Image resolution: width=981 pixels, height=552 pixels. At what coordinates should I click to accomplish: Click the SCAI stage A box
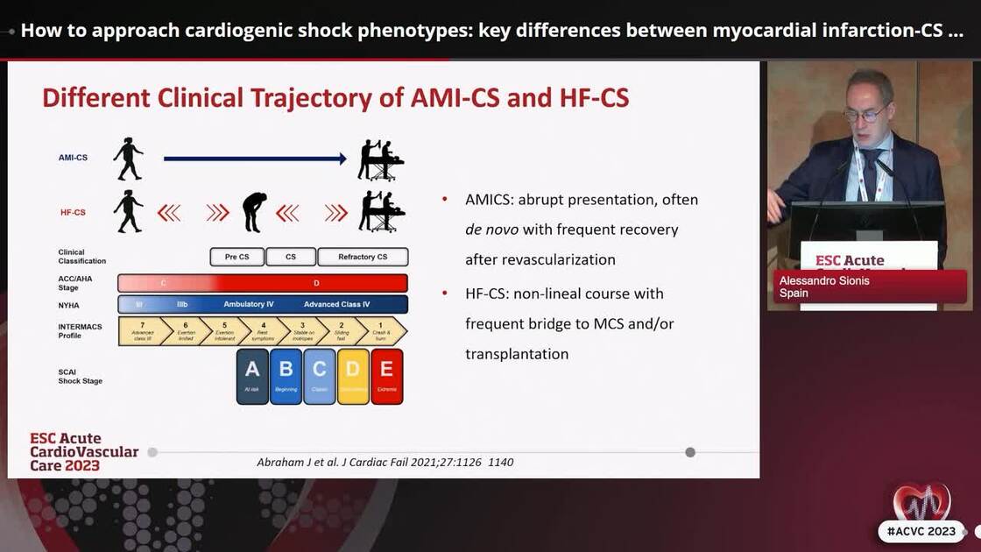(252, 376)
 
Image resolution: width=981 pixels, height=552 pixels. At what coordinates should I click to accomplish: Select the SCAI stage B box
(286, 376)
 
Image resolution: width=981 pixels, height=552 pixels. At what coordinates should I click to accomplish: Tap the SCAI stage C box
(320, 376)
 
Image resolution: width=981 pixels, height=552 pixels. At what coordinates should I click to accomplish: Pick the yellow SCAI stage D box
(353, 376)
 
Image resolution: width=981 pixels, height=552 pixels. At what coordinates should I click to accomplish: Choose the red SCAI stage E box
(386, 376)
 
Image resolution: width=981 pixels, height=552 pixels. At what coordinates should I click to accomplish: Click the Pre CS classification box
(236, 257)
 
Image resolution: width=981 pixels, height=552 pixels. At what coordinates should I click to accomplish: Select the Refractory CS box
(363, 257)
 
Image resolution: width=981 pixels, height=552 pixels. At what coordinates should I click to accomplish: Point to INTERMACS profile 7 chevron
(142, 331)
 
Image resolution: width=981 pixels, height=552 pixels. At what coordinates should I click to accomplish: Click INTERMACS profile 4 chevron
(265, 331)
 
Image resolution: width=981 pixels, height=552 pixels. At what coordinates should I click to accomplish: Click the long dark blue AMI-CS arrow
(255, 159)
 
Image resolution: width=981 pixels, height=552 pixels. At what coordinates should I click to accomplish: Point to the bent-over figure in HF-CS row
(254, 212)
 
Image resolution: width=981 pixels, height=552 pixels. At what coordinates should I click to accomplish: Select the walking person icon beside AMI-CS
(128, 159)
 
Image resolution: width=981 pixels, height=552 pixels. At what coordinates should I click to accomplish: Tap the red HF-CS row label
(73, 212)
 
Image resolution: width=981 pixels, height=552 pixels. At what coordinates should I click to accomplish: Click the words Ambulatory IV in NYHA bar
(249, 304)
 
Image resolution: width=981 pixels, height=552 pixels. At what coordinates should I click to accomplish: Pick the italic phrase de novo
(491, 230)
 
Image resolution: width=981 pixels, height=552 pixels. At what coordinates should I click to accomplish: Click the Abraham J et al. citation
(385, 462)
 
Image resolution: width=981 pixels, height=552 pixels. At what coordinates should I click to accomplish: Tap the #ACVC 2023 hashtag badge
(921, 531)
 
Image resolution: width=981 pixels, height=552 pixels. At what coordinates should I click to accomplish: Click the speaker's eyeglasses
(863, 115)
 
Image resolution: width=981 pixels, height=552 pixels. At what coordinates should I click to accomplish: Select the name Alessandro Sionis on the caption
(824, 280)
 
